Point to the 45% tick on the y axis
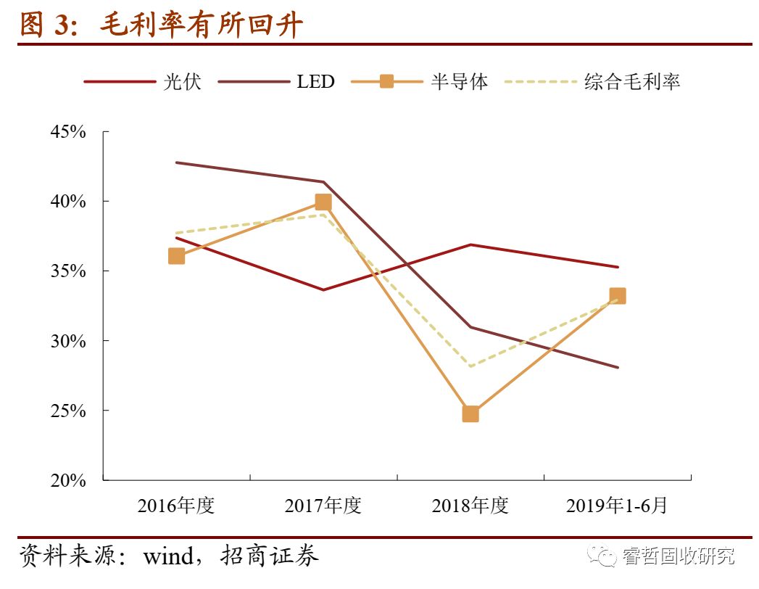(x=69, y=132)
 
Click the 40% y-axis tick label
(x=69, y=202)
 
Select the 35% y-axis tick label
(x=69, y=271)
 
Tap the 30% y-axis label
(x=69, y=341)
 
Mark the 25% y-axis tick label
(x=69, y=411)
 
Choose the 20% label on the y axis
(x=69, y=480)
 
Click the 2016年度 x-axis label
(x=176, y=506)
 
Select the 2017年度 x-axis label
(x=323, y=506)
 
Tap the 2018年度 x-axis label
(x=470, y=506)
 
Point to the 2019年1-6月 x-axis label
(x=616, y=506)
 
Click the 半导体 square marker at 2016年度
(x=176, y=256)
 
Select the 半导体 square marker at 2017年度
(x=323, y=202)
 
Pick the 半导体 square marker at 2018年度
(x=470, y=414)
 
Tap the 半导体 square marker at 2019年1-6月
(x=618, y=296)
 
